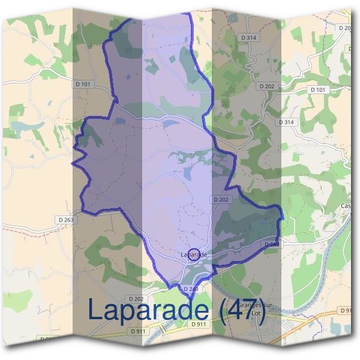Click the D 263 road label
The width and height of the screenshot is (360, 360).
[x=67, y=220]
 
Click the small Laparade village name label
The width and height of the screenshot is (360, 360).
[x=194, y=254]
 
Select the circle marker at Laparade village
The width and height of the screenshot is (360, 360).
[x=194, y=254]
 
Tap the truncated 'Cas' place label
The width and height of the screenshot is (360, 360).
[x=346, y=206]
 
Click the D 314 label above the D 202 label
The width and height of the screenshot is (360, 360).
[x=248, y=37]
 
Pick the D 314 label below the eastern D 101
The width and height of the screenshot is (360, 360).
[x=287, y=122]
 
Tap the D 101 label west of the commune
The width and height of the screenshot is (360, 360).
[x=83, y=85]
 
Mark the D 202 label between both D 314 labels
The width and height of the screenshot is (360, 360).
[x=267, y=86]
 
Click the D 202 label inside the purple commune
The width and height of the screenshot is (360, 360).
[x=220, y=199]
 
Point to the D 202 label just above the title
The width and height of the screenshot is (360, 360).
[x=136, y=298]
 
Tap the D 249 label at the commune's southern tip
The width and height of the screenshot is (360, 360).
[x=191, y=289]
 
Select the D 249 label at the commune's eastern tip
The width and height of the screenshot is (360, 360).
[x=271, y=245]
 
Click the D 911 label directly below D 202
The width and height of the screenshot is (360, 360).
[x=137, y=331]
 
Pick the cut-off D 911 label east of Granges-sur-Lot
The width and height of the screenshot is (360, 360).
[x=346, y=310]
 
